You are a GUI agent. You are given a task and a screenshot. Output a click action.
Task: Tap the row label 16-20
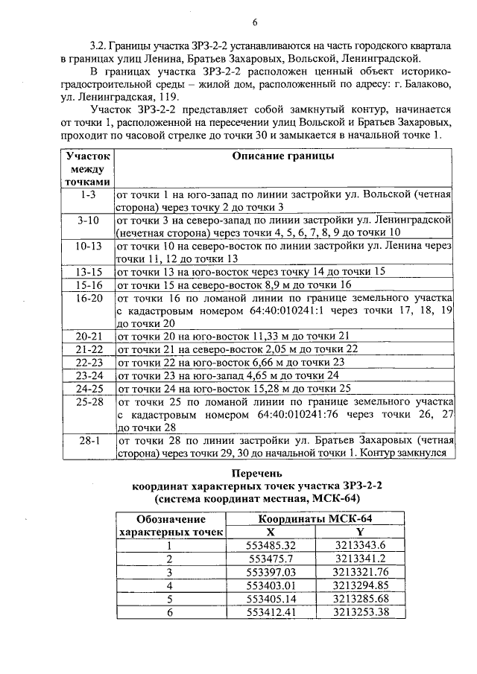pos(88,297)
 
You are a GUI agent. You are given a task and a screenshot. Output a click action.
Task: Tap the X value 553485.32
pos(271,545)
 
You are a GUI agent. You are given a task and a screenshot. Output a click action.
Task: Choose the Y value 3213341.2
pos(360,559)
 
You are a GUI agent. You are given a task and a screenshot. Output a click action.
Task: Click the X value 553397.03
pos(271,572)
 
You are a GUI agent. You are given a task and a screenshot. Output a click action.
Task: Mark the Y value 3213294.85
pos(361,585)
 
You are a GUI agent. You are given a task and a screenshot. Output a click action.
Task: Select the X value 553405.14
pos(271,599)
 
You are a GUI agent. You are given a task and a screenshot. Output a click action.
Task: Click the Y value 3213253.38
pos(361,612)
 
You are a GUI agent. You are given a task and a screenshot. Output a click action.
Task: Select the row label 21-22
pos(88,349)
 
